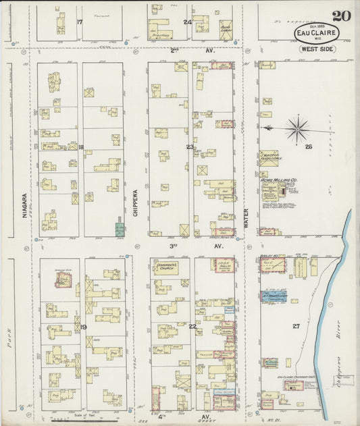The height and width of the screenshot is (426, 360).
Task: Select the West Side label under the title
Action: click(x=316, y=50)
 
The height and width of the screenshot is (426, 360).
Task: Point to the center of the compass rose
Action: click(x=297, y=128)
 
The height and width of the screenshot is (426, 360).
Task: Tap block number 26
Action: click(x=309, y=147)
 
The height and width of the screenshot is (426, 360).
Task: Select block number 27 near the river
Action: click(x=296, y=326)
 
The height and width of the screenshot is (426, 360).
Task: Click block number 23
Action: click(x=190, y=146)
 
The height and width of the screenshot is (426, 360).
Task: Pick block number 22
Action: click(x=192, y=327)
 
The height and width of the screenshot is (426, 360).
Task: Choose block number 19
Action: click(x=82, y=327)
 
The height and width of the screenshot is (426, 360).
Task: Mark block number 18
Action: click(x=80, y=147)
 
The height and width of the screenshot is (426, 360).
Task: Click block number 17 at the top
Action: click(x=80, y=22)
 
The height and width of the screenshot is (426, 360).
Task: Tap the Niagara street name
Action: click(x=24, y=205)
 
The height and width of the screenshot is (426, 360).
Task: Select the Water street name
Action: click(x=247, y=217)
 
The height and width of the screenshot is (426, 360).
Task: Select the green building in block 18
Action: click(x=120, y=230)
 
